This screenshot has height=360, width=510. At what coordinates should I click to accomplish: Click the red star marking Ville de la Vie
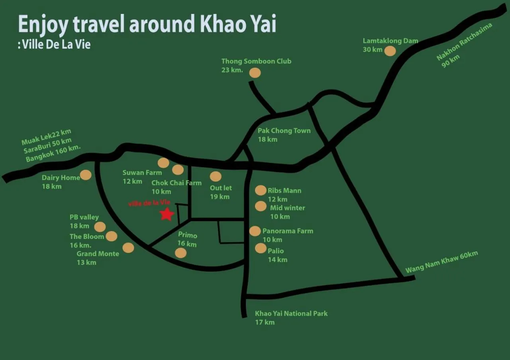167,214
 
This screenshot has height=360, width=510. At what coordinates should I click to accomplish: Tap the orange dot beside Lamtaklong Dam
390,51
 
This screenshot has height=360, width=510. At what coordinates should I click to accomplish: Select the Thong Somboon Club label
256,61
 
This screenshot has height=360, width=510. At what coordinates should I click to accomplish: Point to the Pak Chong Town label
284,131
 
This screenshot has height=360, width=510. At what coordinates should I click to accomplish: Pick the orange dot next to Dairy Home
86,175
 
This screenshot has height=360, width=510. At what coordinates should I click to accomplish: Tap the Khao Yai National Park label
291,313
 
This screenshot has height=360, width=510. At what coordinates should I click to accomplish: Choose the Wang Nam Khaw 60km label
441,262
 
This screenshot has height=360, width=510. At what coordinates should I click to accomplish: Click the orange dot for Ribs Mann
261,190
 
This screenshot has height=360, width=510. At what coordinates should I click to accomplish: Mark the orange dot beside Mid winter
261,206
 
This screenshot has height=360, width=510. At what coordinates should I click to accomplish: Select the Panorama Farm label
288,231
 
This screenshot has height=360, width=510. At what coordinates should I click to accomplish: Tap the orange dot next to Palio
261,248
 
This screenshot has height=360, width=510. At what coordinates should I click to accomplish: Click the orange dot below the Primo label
181,253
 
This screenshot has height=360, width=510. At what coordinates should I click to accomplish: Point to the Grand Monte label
98,254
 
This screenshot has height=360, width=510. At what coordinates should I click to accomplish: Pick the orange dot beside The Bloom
112,236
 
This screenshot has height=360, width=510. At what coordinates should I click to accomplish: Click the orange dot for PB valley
100,227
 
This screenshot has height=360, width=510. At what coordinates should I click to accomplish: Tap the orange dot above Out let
216,176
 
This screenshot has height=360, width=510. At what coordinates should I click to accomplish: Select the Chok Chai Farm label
177,183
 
